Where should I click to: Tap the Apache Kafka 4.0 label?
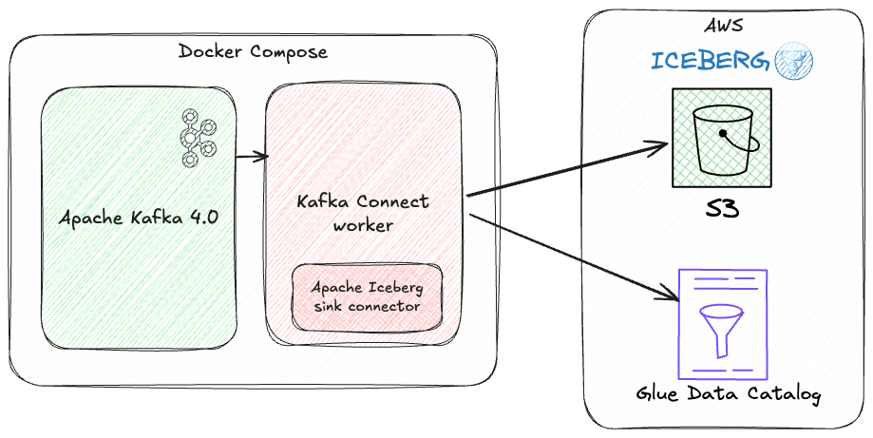139,217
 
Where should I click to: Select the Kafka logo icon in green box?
197,137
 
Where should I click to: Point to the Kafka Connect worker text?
363,213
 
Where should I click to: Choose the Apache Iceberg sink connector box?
367,296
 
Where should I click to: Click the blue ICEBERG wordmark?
709,62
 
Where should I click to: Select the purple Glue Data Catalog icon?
721,323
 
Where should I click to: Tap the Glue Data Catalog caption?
728,393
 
